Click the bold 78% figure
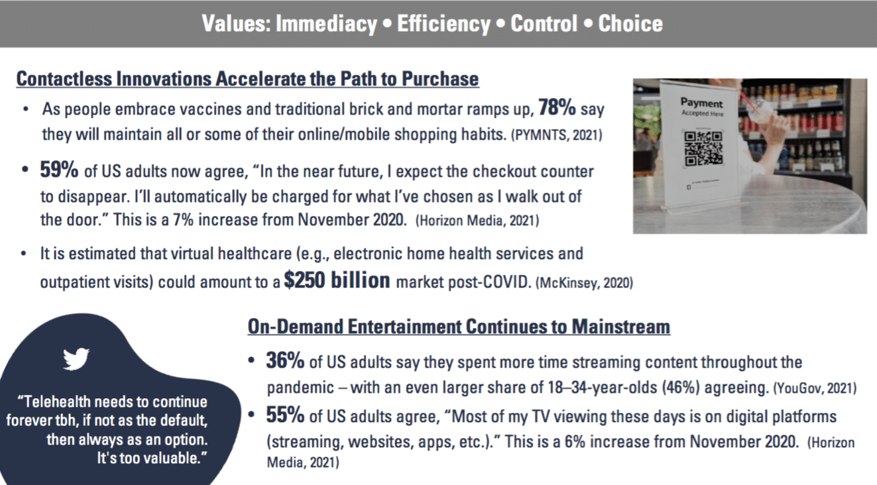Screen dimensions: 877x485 pyautogui.click(x=557, y=107)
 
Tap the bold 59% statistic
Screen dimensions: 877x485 pyautogui.click(x=59, y=170)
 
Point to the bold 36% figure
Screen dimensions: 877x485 pyautogui.click(x=285, y=360)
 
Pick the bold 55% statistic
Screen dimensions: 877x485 pyautogui.click(x=285, y=415)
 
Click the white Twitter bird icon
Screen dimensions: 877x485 pyautogui.click(x=76, y=358)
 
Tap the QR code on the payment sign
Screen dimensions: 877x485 pyautogui.click(x=703, y=148)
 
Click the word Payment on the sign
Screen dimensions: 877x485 pyautogui.click(x=701, y=103)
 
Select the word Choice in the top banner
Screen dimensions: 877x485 pyautogui.click(x=630, y=23)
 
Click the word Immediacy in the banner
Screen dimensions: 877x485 pyautogui.click(x=327, y=23)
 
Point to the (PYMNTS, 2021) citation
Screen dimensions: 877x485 pyautogui.click(x=556, y=135)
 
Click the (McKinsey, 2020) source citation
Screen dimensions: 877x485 pyautogui.click(x=584, y=283)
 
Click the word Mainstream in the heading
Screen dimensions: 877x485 pyautogui.click(x=621, y=327)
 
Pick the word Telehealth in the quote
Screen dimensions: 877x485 pyautogui.click(x=54, y=402)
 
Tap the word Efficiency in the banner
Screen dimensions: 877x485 pyautogui.click(x=443, y=23)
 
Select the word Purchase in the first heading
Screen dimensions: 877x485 pyautogui.click(x=440, y=79)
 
